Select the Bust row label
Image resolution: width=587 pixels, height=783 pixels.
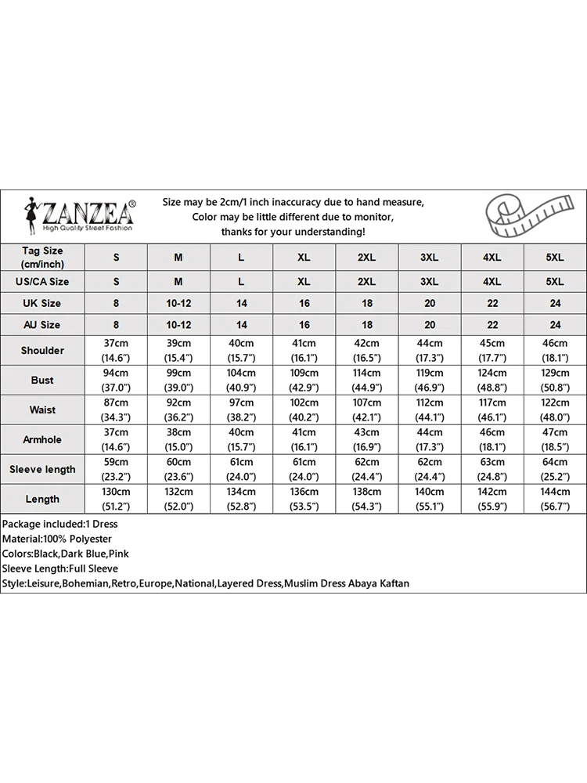[42, 380]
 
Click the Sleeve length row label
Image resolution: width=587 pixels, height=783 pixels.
[42, 469]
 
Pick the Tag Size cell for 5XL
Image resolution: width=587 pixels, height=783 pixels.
[554, 257]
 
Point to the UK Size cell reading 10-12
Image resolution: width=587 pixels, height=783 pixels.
[178, 303]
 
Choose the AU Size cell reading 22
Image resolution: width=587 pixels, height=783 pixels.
[492, 324]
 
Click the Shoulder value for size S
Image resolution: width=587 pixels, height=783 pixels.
[117, 350]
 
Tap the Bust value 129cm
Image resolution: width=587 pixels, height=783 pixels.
[554, 373]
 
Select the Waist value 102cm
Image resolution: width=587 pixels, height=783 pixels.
[304, 402]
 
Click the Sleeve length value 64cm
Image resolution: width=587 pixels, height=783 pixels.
[554, 462]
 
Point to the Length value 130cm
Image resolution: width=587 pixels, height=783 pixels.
[117, 492]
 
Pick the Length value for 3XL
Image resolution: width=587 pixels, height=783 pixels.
[429, 499]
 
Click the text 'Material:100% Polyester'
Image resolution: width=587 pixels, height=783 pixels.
[57, 539]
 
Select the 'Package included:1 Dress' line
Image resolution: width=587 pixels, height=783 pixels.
[59, 524]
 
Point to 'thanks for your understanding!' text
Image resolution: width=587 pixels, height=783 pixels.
[293, 232]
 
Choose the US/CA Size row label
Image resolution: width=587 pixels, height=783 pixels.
[42, 281]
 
